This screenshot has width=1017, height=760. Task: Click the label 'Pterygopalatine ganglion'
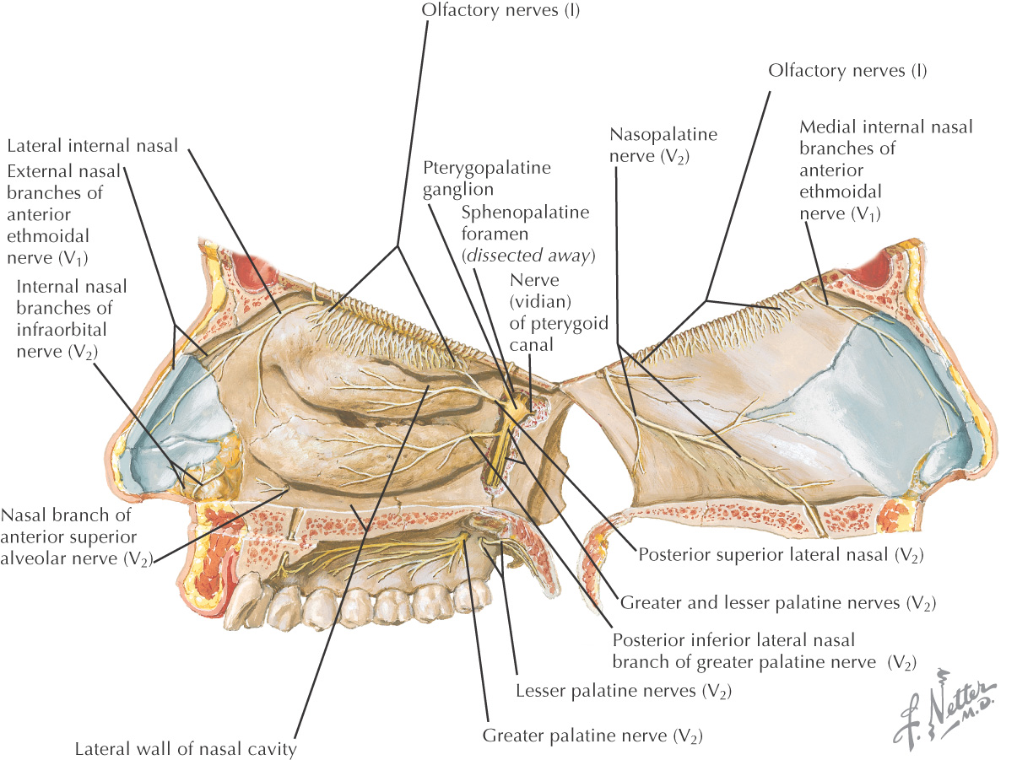[x=486, y=178]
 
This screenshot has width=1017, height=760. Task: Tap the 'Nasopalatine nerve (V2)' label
[x=663, y=145]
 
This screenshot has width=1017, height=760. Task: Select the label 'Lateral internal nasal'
[x=93, y=146]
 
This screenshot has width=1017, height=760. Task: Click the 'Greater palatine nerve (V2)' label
[x=592, y=736]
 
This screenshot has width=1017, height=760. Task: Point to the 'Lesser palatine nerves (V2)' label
[x=624, y=691]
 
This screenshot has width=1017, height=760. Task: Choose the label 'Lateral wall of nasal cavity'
[x=186, y=748]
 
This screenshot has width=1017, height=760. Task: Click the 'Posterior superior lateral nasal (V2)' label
[x=782, y=554]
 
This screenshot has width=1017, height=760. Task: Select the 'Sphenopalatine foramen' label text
[x=525, y=223]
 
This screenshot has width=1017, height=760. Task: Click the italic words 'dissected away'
[x=528, y=255]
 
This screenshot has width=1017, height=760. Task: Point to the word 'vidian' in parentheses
[x=540, y=301]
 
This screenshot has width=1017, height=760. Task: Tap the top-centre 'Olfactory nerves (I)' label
[x=500, y=10]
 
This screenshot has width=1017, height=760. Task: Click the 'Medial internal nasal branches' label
[x=886, y=137]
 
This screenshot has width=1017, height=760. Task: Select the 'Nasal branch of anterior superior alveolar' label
[x=77, y=537]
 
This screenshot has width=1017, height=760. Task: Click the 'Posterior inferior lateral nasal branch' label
[x=765, y=651]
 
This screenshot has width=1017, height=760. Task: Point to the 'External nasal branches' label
[x=63, y=214]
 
